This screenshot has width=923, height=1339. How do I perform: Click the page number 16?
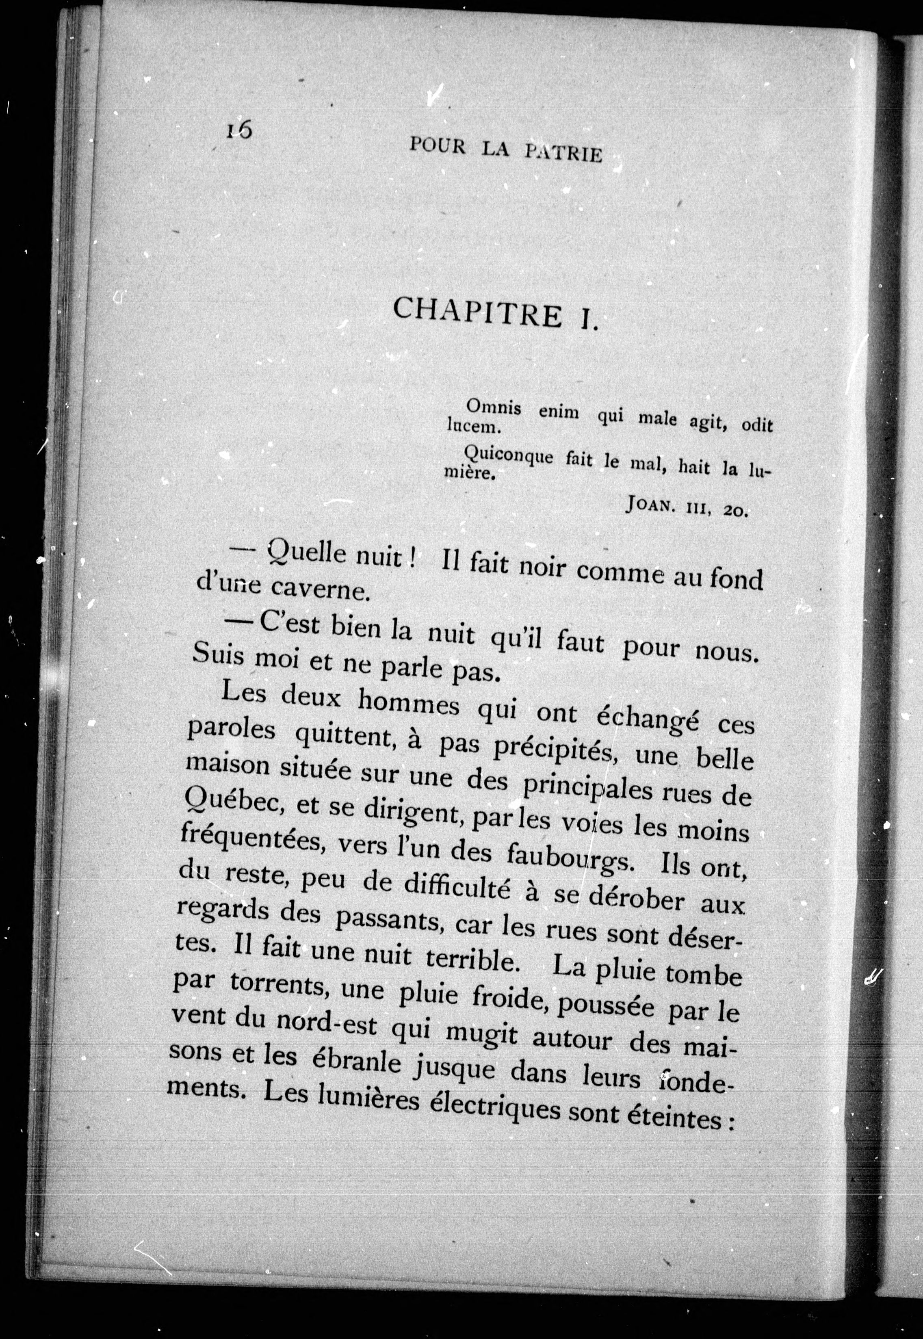239,130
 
